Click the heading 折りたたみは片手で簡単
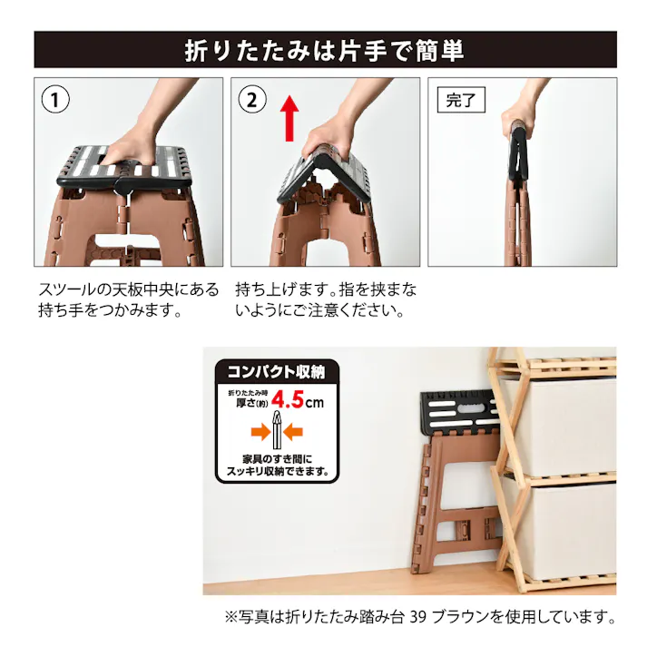click(324, 50)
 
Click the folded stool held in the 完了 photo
click(518, 195)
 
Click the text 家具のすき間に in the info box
click(276, 459)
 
